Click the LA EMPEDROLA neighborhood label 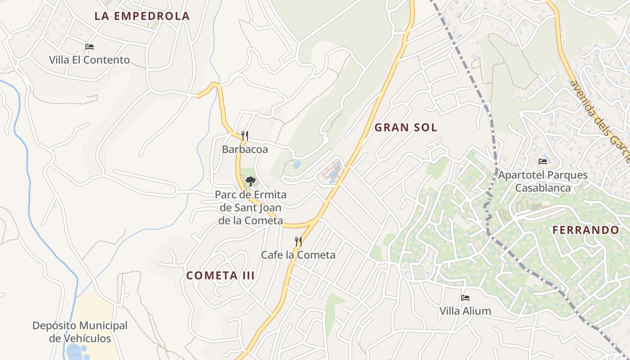[x=142, y=16]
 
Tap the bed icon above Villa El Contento [x=90, y=47]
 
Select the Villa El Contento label [x=90, y=60]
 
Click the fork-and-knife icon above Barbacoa [x=245, y=135]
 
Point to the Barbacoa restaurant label [x=245, y=149]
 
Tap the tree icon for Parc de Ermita [x=251, y=181]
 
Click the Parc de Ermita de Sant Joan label [x=251, y=207]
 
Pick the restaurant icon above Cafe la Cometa [x=298, y=242]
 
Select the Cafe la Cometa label [x=298, y=255]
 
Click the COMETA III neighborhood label [x=220, y=275]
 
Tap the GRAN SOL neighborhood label [x=406, y=128]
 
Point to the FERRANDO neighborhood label [x=586, y=230]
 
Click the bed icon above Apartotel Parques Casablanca [x=543, y=162]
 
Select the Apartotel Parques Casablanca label [x=543, y=181]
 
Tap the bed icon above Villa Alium [x=465, y=298]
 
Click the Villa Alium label [x=465, y=311]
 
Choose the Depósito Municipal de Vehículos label [x=80, y=332]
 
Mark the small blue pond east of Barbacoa [x=297, y=165]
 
